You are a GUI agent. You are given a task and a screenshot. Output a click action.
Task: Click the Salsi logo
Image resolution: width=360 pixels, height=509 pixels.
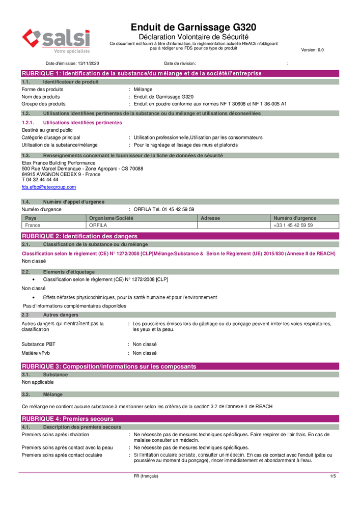(56, 41)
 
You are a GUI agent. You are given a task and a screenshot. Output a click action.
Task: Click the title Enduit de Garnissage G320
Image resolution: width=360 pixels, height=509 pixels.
(193, 27)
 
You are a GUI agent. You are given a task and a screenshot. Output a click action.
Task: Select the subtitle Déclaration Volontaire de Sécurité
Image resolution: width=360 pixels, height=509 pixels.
(193, 37)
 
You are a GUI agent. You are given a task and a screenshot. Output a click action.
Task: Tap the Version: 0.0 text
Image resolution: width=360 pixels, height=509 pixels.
(312, 50)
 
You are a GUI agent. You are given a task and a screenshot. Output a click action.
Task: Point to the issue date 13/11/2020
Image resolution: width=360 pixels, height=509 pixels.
(89, 64)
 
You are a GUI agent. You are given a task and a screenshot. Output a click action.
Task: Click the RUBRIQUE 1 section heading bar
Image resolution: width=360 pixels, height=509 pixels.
(142, 73)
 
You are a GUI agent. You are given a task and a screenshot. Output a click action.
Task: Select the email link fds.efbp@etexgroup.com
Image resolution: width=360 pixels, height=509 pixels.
(48, 187)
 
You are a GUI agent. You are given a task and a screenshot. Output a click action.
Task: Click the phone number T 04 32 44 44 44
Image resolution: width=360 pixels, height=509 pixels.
(40, 180)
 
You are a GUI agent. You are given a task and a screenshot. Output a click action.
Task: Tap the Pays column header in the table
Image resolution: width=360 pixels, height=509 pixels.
(31, 218)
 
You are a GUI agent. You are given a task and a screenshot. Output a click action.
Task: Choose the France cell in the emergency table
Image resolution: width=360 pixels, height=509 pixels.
(33, 225)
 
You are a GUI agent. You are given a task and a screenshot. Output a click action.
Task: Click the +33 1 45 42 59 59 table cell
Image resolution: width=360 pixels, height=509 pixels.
(293, 225)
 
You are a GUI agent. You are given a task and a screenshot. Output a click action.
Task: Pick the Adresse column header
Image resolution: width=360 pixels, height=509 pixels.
(211, 218)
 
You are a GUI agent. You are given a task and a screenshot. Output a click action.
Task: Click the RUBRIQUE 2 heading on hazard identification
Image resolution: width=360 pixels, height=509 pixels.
(79, 236)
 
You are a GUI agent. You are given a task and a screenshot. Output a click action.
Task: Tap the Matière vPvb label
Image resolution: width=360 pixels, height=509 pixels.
(36, 353)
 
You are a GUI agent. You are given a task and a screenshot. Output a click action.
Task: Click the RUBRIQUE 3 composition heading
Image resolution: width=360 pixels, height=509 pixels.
(108, 366)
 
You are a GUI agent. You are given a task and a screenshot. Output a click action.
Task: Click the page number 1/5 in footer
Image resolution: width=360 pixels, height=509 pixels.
(333, 476)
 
